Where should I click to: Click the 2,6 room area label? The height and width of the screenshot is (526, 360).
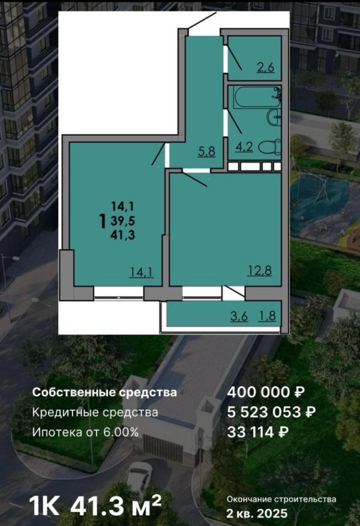coord(265,67)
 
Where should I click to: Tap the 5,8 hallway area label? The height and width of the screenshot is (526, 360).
coord(206,151)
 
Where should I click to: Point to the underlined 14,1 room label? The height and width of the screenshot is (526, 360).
coord(142,272)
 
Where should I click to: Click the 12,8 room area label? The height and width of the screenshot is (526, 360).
coord(259,270)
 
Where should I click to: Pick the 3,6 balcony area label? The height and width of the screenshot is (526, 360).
coord(239,316)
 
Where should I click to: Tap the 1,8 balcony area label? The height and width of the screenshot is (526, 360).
coord(267,316)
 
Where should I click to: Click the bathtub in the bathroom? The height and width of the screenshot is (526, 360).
coord(255,95)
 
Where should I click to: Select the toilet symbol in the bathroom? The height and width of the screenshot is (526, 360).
coord(270,148)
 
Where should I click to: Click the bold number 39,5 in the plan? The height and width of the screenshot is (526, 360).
coord(123,222)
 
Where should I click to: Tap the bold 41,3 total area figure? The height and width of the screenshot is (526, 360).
coord(123,235)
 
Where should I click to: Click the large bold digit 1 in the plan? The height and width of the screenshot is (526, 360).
coord(103,222)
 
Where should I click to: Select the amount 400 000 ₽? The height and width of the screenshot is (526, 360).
coord(266,392)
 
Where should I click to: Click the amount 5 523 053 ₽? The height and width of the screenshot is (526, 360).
coord(272,412)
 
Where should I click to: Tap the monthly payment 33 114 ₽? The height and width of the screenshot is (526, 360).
coord(258,432)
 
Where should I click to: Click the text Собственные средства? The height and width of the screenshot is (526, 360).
coord(104,392)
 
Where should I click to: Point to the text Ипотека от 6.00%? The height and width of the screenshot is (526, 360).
coord(85,432)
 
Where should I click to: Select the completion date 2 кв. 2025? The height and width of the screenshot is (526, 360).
coord(257,513)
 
